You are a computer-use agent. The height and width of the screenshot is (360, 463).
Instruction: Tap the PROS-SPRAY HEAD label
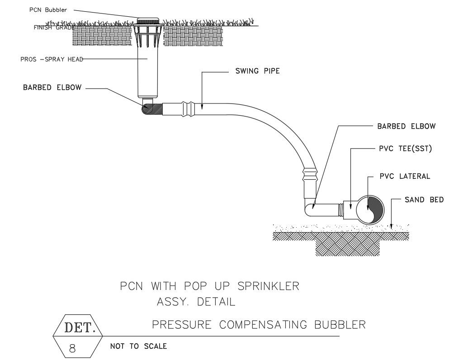pos(52,59)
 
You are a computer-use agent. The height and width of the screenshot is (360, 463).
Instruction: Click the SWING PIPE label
pos(257,71)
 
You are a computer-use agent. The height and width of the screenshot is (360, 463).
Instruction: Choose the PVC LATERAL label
pos(405,176)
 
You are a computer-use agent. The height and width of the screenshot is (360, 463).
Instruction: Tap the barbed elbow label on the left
pos(52,88)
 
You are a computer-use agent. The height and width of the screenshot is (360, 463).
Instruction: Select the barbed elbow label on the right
pos(406,126)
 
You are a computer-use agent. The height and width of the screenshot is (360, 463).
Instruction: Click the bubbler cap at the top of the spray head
pos(148,21)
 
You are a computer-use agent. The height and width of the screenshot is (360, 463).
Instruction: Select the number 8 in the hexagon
pos(72,348)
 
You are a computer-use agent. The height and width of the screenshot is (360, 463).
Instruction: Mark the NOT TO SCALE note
pos(138,346)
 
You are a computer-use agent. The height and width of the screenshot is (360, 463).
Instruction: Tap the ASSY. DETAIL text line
pos(196,302)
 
